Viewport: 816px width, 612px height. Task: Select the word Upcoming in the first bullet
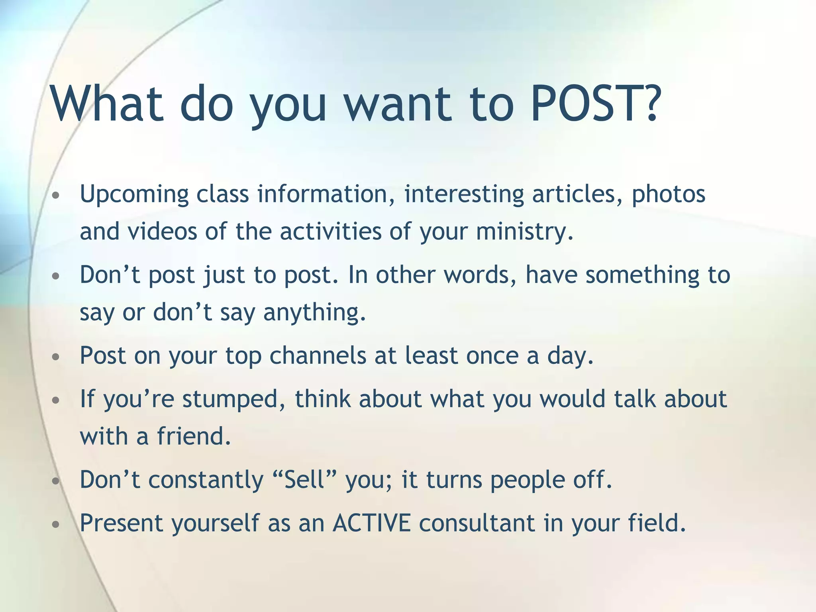click(x=134, y=194)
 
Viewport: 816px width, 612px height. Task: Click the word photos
click(x=669, y=194)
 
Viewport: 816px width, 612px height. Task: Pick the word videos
click(x=162, y=231)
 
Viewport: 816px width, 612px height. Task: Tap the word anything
click(x=314, y=312)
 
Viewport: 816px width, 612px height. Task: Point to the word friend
click(x=194, y=436)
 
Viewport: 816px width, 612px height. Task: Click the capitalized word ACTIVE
click(x=371, y=523)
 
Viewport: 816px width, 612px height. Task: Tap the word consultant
click(x=477, y=523)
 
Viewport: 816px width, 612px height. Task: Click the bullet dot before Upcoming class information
click(x=56, y=196)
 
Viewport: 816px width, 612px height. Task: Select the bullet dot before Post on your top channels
click(x=56, y=357)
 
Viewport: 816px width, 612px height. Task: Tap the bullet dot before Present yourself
click(x=56, y=524)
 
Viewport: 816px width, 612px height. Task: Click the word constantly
click(x=206, y=480)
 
